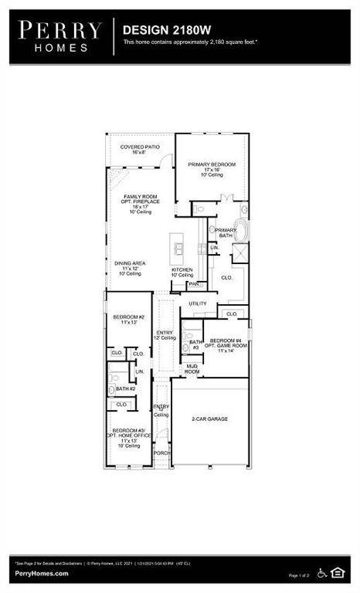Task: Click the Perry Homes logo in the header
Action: click(x=60, y=36)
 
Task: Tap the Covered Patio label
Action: click(x=134, y=149)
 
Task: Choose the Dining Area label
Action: click(x=128, y=268)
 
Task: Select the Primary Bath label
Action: click(x=226, y=233)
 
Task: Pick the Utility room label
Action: click(x=198, y=303)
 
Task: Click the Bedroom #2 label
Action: click(x=124, y=319)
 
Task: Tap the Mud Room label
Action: click(x=192, y=370)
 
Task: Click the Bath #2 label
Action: click(x=123, y=388)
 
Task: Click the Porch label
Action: click(x=161, y=452)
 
